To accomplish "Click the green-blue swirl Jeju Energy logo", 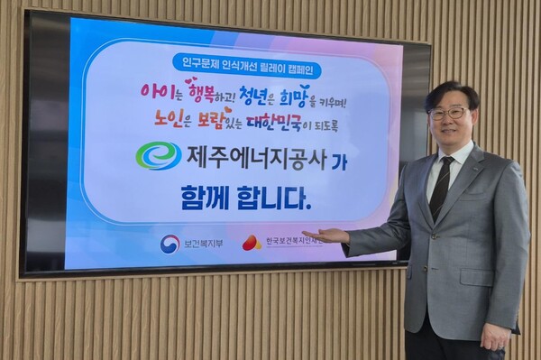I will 158,155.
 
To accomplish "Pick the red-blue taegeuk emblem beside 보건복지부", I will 169,244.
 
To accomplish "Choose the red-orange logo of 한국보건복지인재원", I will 252,243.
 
